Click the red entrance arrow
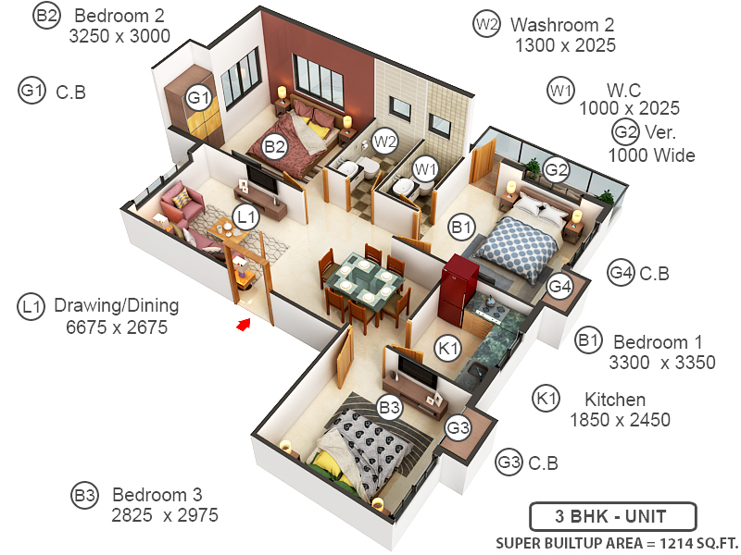pos(245,324)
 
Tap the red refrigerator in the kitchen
pos(459,282)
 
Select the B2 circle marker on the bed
pos(274,145)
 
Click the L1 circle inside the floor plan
pos(245,217)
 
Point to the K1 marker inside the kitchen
pos(448,348)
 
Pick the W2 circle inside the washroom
pos(385,142)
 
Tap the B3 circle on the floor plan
pos(389,406)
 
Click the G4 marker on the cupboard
pos(559,287)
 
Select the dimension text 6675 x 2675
pos(117,327)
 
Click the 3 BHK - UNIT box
pos(612,515)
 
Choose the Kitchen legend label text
pos(614,400)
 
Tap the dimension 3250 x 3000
pos(119,36)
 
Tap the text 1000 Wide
pos(651,155)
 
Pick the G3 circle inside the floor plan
pos(458,428)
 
